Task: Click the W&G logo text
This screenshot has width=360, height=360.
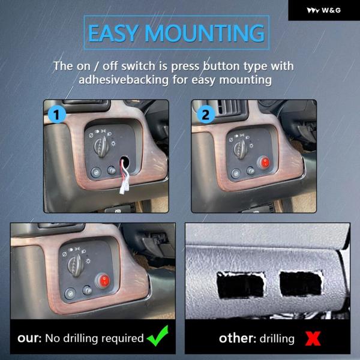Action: point(331,10)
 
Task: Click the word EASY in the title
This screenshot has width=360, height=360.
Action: point(113,33)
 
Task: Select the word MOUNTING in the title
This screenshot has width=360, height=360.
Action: point(205,33)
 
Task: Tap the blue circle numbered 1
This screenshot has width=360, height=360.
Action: point(57,114)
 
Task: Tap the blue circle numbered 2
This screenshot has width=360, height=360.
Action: point(206,114)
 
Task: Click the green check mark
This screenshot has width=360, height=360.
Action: point(158,336)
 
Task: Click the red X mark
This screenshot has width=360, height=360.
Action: point(313,338)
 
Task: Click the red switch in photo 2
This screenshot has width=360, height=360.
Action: point(264,162)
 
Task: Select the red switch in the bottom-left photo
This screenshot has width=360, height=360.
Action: point(103,281)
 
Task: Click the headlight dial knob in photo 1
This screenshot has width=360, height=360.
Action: point(101,146)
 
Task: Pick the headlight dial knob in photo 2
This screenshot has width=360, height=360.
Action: point(241,149)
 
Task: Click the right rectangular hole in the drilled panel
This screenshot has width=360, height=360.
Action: point(301,284)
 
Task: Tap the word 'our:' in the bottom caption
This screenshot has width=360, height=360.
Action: point(29,338)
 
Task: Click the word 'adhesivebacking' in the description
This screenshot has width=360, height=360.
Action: point(124,80)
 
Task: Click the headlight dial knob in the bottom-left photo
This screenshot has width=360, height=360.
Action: point(76,266)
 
